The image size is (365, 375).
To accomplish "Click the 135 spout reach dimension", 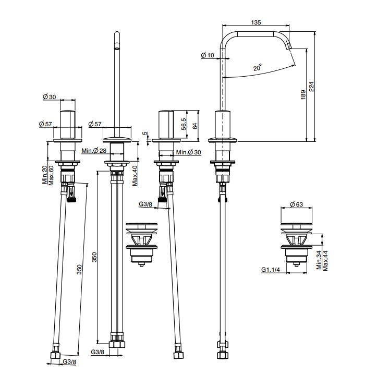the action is (x=256, y=22).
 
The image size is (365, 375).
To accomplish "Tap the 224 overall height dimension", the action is (x=311, y=87).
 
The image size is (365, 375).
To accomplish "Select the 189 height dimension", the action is (x=303, y=95).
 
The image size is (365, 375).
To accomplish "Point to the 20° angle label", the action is (x=258, y=67).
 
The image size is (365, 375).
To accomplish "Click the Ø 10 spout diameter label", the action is (x=208, y=55).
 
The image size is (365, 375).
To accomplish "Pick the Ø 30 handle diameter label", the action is (x=49, y=96).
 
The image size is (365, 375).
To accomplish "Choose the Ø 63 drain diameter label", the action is (x=296, y=204).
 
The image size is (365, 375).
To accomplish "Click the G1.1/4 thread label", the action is (x=270, y=270).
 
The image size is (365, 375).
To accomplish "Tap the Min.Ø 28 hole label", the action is (x=94, y=151).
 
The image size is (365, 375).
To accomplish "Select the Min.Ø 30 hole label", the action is (x=189, y=152).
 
